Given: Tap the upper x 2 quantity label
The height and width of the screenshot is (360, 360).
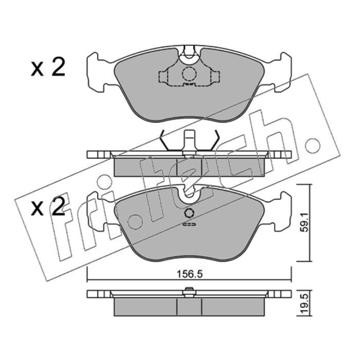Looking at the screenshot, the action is coord(48,67).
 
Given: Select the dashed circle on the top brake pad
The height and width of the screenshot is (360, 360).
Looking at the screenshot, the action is coord(189,73).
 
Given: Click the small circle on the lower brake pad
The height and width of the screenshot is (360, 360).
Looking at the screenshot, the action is coord(189,213).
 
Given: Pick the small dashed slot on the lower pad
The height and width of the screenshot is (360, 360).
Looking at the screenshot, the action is coord(189,224).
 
